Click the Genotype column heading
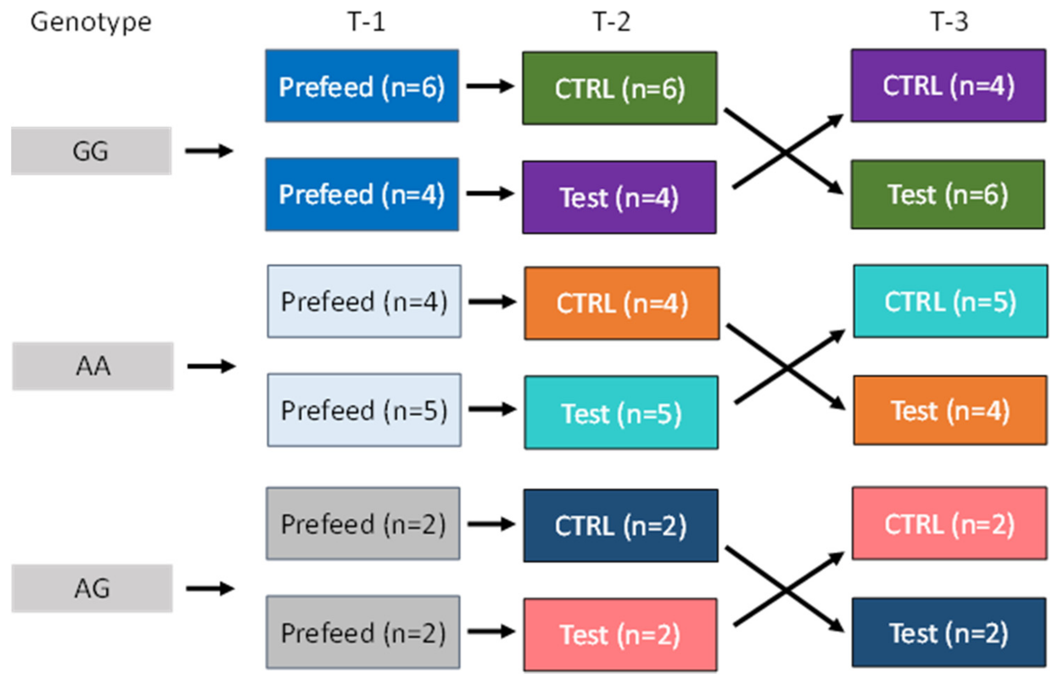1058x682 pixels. click(x=91, y=22)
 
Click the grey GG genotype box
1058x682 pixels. click(x=91, y=151)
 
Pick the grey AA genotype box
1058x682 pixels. click(x=93, y=366)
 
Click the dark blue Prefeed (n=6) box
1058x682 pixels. click(x=362, y=86)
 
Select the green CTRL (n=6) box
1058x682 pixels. click(x=619, y=88)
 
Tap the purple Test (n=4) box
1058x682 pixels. click(x=619, y=197)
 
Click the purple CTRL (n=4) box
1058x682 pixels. click(x=948, y=86)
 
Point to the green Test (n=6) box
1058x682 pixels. click(x=948, y=194)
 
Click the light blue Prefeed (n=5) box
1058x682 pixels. click(x=364, y=410)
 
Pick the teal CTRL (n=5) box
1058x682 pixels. click(x=950, y=301)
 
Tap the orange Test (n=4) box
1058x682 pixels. click(x=950, y=410)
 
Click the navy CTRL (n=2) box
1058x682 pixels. click(x=621, y=526)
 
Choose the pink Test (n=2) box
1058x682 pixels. click(x=620, y=634)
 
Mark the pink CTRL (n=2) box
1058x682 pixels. click(x=949, y=523)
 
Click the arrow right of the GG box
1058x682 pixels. click(x=209, y=151)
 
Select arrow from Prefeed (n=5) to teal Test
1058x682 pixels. click(x=492, y=409)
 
